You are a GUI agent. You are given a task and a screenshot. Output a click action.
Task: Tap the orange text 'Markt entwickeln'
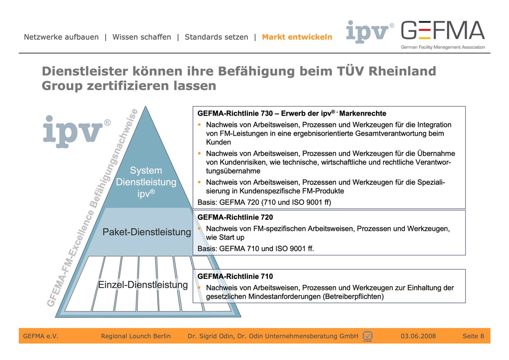tap(297, 37)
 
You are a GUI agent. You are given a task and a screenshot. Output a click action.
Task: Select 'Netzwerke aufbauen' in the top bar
tap(61, 37)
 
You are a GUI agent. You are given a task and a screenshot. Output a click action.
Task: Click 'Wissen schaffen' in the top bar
tap(142, 37)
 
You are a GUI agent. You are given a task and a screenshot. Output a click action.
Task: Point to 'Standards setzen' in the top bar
tap(216, 37)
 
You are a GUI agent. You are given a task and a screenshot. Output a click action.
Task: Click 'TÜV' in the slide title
tap(350, 71)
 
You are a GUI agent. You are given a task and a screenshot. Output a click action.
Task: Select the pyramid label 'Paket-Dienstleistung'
tap(147, 232)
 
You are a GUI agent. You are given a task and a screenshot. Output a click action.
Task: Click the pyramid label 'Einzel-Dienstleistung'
tap(143, 285)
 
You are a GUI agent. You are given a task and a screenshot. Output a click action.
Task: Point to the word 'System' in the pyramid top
tap(146, 170)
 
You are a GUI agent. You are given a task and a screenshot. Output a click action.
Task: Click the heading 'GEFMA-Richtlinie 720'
tap(235, 217)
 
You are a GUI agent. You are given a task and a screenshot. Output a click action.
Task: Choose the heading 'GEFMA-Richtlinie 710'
tap(235, 276)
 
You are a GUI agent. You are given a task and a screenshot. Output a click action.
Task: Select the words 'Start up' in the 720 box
tap(231, 237)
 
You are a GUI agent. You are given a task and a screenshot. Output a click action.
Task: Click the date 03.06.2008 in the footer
tap(418, 336)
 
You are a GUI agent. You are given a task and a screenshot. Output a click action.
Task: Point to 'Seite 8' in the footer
tap(473, 336)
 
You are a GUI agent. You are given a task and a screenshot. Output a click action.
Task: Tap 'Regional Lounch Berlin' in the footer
tap(136, 336)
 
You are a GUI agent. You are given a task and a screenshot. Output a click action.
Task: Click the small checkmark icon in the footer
tap(367, 336)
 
